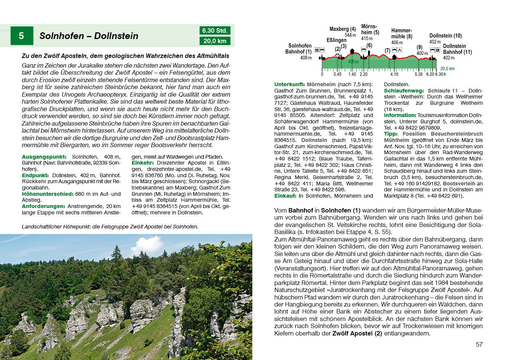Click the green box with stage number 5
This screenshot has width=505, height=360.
tap(22, 36)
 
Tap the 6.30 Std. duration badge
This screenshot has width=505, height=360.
tap(214, 30)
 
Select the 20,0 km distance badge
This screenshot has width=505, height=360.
tap(214, 41)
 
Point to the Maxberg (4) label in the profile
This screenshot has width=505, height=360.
tap(342, 29)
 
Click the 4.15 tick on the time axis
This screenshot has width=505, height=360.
tap(394, 74)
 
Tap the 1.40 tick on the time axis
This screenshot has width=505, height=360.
tap(352, 74)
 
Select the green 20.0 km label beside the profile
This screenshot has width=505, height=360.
tap(447, 69)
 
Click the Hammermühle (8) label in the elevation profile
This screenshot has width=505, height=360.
tap(401, 33)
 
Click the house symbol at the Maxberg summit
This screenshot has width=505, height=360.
tap(352, 51)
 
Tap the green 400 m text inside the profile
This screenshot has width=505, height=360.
tap(353, 62)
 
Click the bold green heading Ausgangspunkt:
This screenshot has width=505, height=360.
tap(44, 157)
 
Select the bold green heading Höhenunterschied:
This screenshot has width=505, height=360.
tap(48, 194)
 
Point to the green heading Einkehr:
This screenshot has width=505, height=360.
tap(143, 163)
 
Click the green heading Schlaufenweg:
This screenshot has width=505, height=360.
tap(404, 91)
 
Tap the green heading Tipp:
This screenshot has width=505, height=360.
tap(391, 134)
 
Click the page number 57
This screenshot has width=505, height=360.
tap(479, 344)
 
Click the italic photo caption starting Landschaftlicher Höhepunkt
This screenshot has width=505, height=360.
tap(110, 227)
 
